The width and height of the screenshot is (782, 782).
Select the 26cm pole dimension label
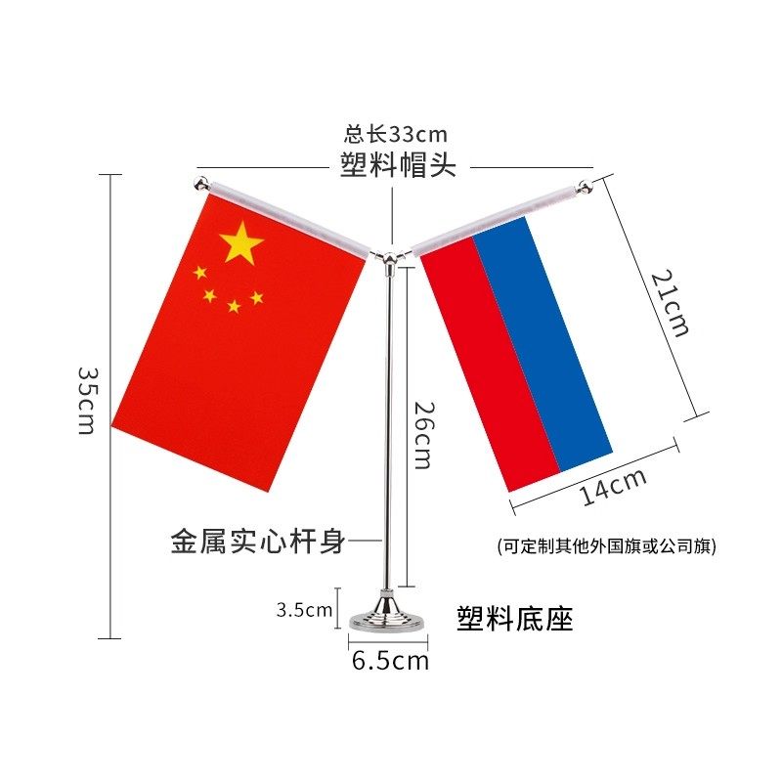point(421,434)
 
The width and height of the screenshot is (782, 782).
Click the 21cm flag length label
point(671,303)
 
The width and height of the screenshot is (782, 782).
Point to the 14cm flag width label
point(613,486)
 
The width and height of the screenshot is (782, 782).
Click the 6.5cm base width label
point(390,661)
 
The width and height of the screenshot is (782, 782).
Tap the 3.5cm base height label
point(304,611)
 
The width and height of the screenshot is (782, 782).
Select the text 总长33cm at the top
point(396,134)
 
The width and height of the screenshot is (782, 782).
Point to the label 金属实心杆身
point(258,541)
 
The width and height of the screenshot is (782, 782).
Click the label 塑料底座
point(515,618)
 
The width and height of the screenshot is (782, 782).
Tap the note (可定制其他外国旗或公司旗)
point(606,546)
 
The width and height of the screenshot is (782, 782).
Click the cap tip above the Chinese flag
point(200,182)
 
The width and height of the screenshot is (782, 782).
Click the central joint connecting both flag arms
point(391,257)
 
